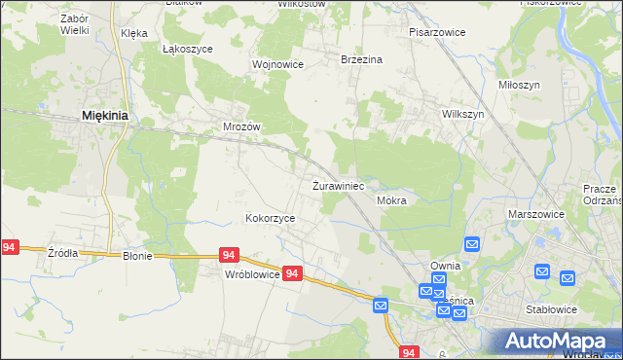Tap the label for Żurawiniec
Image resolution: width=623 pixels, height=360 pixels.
(338, 185)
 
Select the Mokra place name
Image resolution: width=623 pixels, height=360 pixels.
(390, 200)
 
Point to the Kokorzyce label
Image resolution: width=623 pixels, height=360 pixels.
(270, 219)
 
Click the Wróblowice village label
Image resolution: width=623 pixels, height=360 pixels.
(252, 274)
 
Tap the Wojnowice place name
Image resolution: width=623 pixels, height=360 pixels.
(278, 64)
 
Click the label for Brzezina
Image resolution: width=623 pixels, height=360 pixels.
(361, 59)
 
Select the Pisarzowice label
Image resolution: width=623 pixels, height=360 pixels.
(437, 32)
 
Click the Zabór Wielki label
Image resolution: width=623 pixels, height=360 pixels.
(74, 24)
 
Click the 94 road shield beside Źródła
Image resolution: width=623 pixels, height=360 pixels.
(10, 248)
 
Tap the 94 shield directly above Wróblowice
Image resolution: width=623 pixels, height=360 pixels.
(229, 255)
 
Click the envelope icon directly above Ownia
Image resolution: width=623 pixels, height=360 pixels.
(472, 245)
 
